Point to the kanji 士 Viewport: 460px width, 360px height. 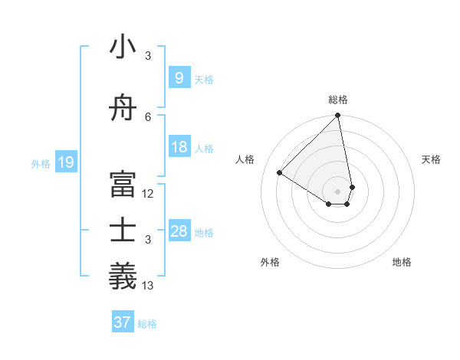123,231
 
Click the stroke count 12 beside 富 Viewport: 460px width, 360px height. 148,193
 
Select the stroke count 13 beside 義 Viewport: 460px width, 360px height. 148,286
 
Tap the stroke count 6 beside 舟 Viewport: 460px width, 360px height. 148,116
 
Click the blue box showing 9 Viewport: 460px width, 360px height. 179,77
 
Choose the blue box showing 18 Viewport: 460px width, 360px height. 179,147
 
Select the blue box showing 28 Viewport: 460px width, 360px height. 179,231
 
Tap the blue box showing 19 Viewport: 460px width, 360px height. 65,162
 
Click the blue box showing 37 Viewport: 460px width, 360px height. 122,322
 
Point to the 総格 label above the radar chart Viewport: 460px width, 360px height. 338,100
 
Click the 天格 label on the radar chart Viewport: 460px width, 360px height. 431,159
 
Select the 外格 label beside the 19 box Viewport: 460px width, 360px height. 41,163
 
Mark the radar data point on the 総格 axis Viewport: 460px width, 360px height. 337,116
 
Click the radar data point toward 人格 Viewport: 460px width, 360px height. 280,173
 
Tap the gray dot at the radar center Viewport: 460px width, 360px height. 337,190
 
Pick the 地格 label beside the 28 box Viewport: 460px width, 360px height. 204,232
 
